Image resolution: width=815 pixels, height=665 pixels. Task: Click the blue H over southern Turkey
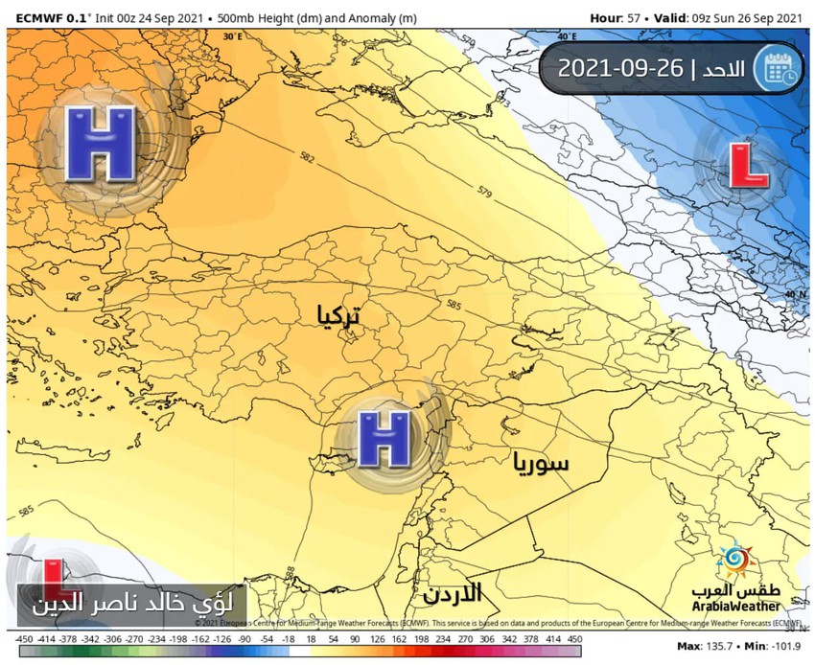[x=384, y=439]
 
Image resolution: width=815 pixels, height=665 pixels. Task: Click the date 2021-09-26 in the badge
[x=619, y=68]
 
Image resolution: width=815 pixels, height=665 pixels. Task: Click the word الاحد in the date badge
[x=721, y=68]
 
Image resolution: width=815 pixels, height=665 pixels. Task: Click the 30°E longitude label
[x=231, y=35]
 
